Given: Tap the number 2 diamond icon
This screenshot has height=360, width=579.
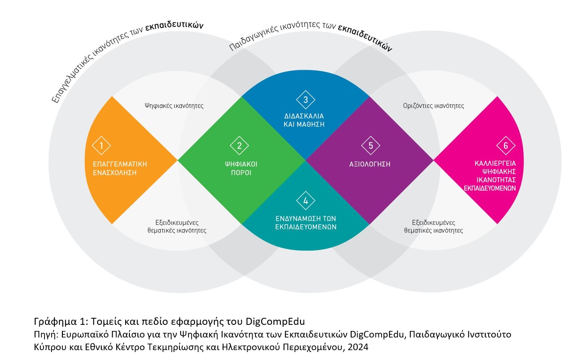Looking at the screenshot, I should pos(240,146).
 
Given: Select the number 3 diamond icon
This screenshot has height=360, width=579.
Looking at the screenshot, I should pos(306,99).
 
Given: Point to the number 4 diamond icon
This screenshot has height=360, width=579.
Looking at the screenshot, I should pos(306,201).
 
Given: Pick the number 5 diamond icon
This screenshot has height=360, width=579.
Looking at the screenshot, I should pos(371,146).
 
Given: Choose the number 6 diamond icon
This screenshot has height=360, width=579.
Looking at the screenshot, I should pos(505,146).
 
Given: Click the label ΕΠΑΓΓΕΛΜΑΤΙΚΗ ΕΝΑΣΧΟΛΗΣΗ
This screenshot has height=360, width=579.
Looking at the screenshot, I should pos(120,168).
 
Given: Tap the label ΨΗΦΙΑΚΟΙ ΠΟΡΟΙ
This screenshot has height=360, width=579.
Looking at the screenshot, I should pos(241,168).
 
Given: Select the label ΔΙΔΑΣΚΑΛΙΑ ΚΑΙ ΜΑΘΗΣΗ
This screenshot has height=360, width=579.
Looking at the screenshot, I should pos(304,120).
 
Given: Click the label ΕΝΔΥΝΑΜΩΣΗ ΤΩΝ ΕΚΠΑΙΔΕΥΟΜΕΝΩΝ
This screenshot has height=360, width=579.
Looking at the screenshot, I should pos(306,223).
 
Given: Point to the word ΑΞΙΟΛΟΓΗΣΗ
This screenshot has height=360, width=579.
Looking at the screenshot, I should pos(370,165).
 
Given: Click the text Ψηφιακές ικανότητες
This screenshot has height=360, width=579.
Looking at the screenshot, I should pos(174,106).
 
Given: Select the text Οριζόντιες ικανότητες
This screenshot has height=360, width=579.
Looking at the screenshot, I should pos(434,106).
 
